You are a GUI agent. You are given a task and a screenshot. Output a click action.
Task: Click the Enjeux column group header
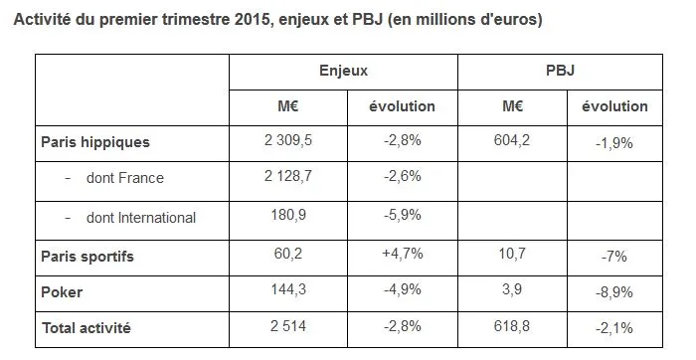(343, 71)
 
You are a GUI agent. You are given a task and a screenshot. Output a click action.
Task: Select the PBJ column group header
(560, 71)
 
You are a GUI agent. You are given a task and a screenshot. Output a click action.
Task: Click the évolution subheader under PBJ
(614, 106)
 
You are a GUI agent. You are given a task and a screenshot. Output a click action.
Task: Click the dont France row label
(116, 178)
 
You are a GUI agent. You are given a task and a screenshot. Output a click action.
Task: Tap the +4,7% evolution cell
(403, 255)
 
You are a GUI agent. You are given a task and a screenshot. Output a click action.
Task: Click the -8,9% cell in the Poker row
(614, 292)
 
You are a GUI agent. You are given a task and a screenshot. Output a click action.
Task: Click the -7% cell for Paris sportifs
(614, 257)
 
